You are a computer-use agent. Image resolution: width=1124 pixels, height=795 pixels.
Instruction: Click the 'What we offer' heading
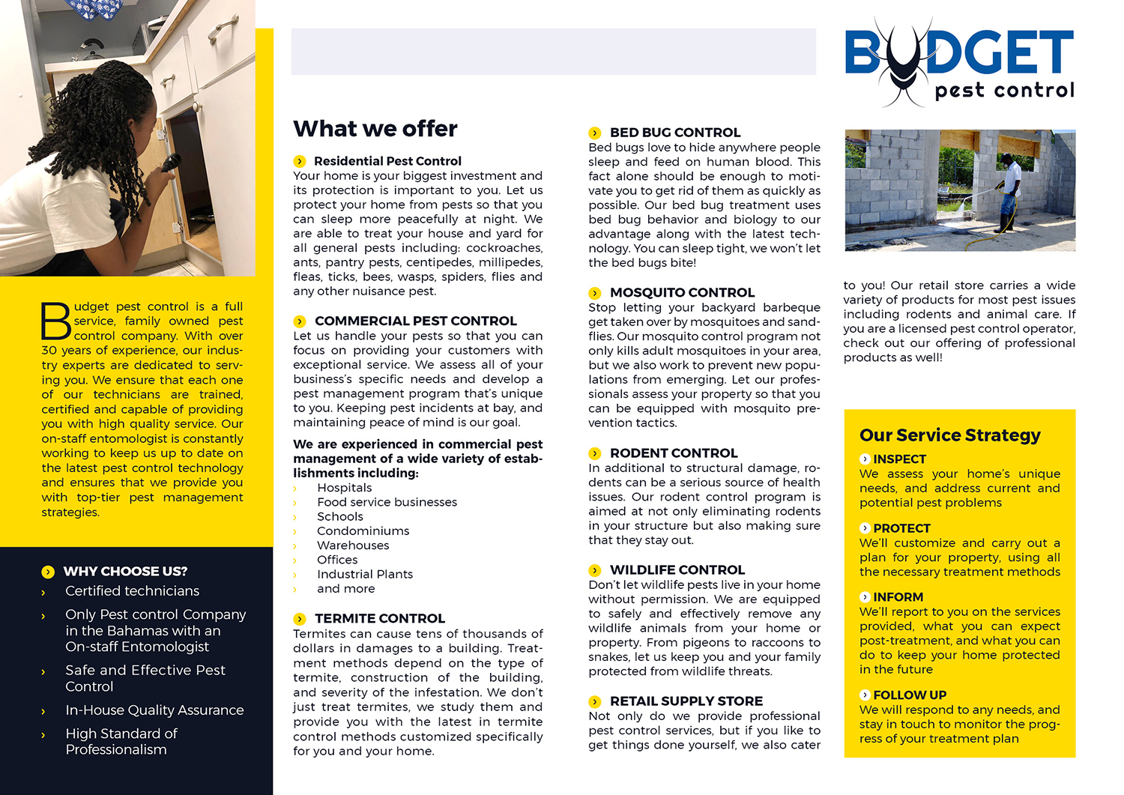point(375,129)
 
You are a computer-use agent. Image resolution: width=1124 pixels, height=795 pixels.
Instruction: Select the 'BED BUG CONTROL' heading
point(674,133)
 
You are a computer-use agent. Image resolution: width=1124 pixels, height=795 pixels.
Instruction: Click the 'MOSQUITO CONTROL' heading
point(682,293)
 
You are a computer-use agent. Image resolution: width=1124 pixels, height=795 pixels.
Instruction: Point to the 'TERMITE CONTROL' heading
point(379,619)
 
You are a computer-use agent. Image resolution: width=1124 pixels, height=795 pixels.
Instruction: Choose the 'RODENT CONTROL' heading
point(674,453)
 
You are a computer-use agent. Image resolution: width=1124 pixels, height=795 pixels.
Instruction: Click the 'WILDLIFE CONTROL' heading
point(677,570)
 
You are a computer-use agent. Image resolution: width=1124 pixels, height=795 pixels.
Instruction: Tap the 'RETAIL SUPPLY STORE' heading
point(686,701)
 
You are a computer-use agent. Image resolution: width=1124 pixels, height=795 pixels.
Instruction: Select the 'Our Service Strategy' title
point(949,435)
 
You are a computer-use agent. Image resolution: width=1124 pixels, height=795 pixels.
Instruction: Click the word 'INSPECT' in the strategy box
point(899,459)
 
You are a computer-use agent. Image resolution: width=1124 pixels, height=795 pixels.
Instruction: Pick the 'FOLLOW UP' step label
point(910,695)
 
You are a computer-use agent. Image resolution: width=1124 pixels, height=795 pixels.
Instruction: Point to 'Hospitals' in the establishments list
point(344,488)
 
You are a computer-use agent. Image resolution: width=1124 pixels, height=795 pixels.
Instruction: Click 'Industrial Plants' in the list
point(364,575)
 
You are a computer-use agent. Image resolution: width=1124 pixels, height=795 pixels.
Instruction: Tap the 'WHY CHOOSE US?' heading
point(125,572)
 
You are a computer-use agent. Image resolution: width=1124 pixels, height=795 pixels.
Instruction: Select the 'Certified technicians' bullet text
point(132,591)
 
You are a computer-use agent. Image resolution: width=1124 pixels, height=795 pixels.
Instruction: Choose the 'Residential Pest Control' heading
point(387,161)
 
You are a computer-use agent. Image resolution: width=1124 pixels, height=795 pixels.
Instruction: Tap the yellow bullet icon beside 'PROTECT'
point(865,528)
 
